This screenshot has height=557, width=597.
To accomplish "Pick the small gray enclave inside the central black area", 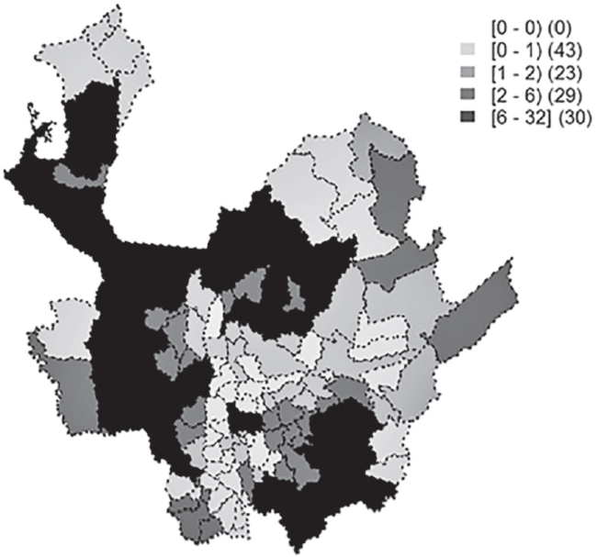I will tap(294, 294).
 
